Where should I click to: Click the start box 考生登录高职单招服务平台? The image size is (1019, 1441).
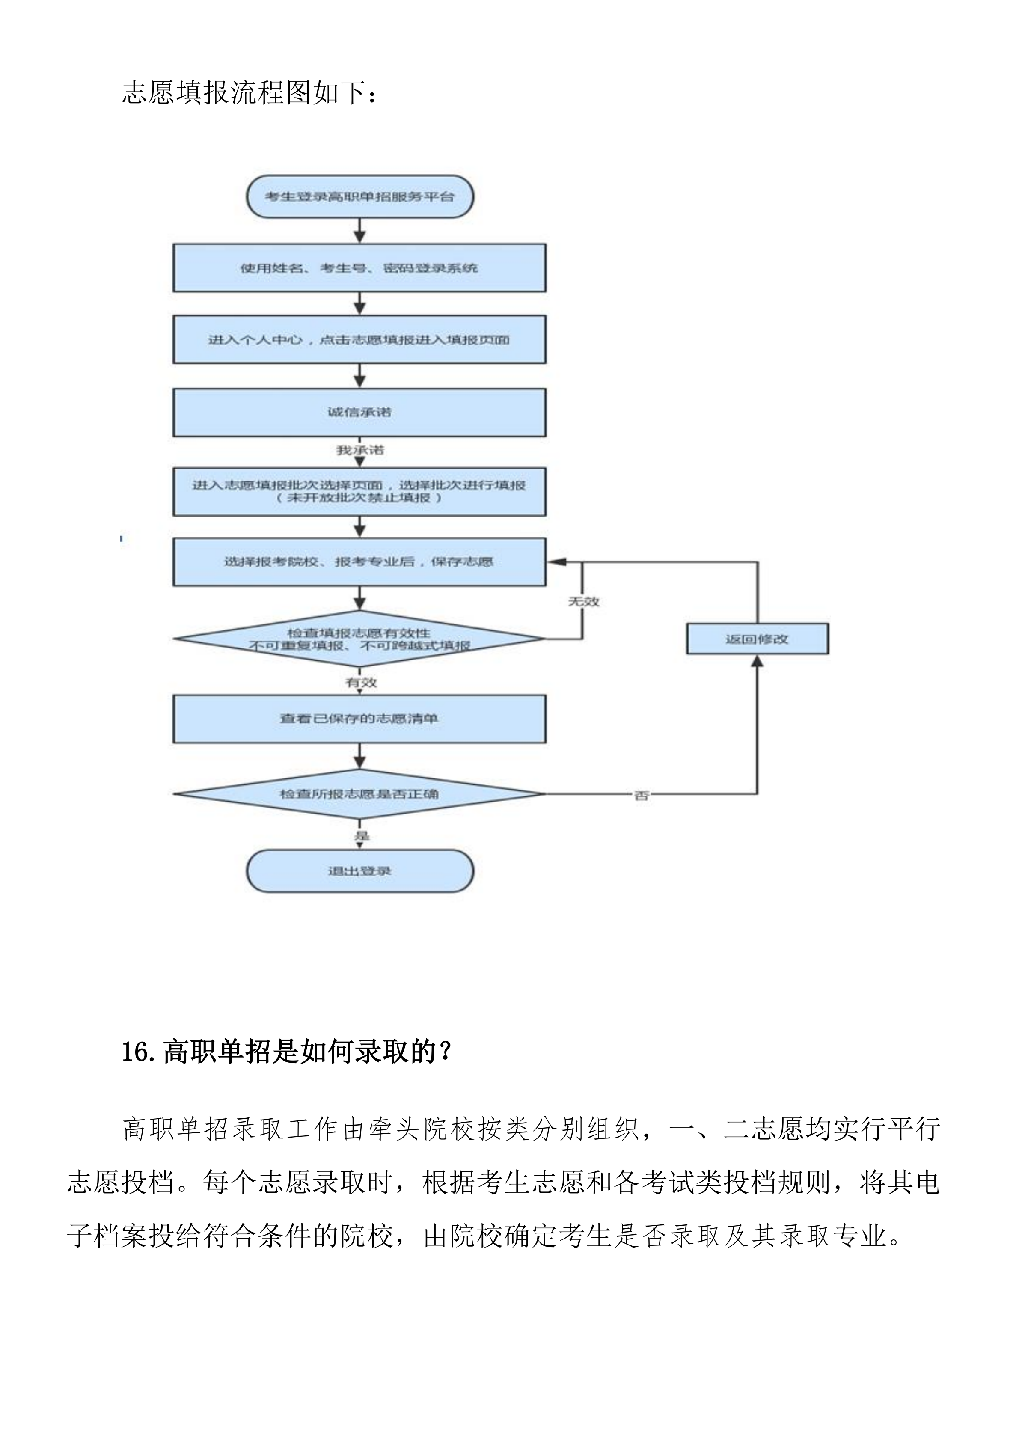point(359,196)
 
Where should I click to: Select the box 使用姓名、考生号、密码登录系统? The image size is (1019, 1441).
point(359,268)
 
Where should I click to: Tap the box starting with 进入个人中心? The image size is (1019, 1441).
point(359,339)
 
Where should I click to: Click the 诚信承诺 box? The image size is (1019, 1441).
point(359,412)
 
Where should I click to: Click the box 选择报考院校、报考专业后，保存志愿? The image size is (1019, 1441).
point(359,562)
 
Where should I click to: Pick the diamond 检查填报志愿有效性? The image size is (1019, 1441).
point(359,639)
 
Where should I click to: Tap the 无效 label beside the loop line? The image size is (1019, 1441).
point(584,602)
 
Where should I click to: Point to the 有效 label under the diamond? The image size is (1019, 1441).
point(361,682)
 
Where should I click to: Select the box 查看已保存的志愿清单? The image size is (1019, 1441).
point(359,719)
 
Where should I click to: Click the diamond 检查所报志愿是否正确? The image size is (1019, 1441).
point(359,794)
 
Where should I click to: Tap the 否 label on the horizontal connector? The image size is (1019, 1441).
point(641,796)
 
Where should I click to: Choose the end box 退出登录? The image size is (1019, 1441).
point(359,871)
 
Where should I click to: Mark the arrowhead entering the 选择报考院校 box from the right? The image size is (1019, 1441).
point(556,562)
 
